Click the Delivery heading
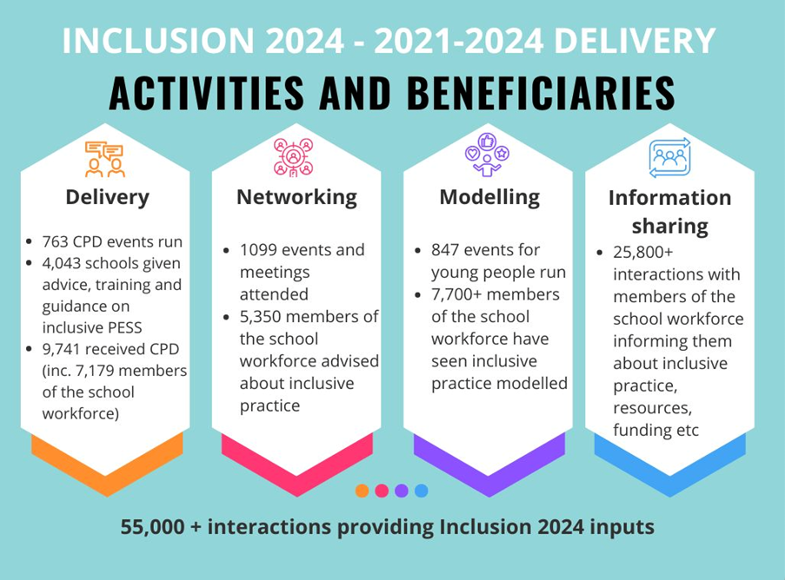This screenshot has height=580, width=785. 107,197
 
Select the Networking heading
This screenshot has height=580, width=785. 297,197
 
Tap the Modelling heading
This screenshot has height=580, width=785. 489,197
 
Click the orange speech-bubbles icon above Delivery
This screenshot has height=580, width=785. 104,159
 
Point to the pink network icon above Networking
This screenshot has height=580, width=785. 293,157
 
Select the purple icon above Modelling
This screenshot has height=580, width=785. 487,155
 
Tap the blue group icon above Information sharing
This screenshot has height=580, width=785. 670,157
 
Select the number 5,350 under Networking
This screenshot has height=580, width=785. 261,317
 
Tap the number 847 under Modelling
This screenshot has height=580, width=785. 445,250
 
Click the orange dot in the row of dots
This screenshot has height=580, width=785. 362,491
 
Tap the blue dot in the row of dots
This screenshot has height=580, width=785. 422,491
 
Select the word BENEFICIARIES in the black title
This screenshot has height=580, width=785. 541,93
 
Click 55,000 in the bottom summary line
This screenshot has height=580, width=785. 152,527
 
